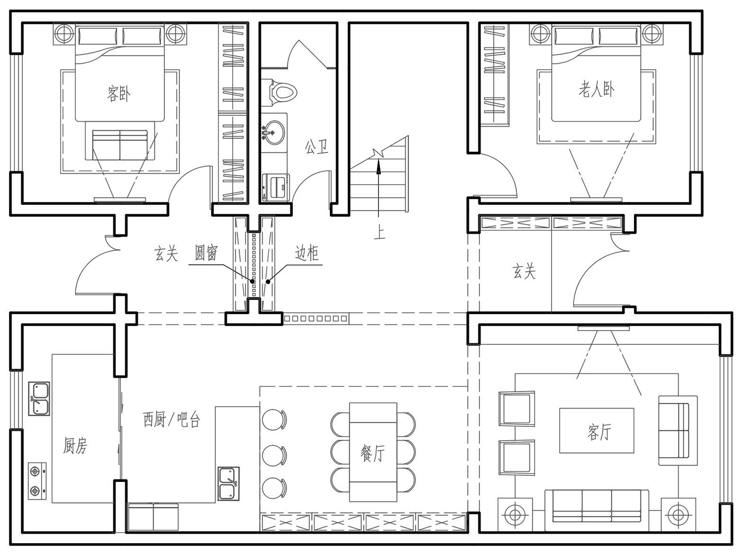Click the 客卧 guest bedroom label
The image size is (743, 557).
pos(118,93)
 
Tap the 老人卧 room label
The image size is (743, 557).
pos(596,90)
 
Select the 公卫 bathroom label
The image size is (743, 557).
pos(317,147)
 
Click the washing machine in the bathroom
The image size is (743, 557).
pos(275,187)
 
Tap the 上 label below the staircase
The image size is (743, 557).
pos(379,232)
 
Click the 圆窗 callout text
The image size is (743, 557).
pos(206,253)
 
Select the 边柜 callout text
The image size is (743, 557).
pos(307,253)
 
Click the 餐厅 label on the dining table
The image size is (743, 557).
pos(372,453)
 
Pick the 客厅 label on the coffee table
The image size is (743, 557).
pos(599,432)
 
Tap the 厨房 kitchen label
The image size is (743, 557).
pos(75,446)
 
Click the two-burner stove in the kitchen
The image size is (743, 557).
pos(37,481)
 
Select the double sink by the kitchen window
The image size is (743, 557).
pos(39,399)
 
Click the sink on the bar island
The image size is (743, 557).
pos(228,484)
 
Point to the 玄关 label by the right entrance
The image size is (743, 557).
pos(524,272)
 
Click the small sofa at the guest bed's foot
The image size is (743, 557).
pos(120,144)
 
